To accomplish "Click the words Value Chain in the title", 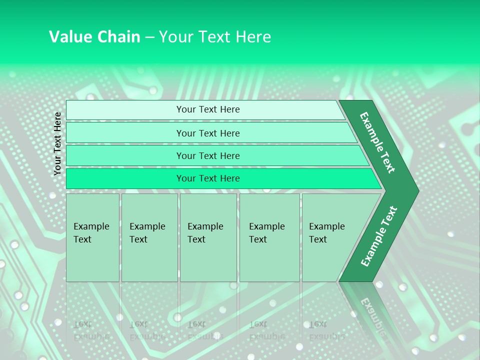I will [x=94, y=37].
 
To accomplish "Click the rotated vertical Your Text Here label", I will [x=57, y=143].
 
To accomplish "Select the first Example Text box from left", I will [x=92, y=237].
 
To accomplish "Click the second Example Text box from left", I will [x=149, y=237].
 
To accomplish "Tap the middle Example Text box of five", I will [x=208, y=237].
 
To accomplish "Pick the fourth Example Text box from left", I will [x=269, y=237].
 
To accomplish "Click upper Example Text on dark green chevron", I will [x=377, y=142].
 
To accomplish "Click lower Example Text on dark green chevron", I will [x=379, y=236].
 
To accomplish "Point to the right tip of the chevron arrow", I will [x=417, y=190].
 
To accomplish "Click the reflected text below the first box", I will [x=90, y=330].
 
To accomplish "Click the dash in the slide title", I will [x=149, y=37].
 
